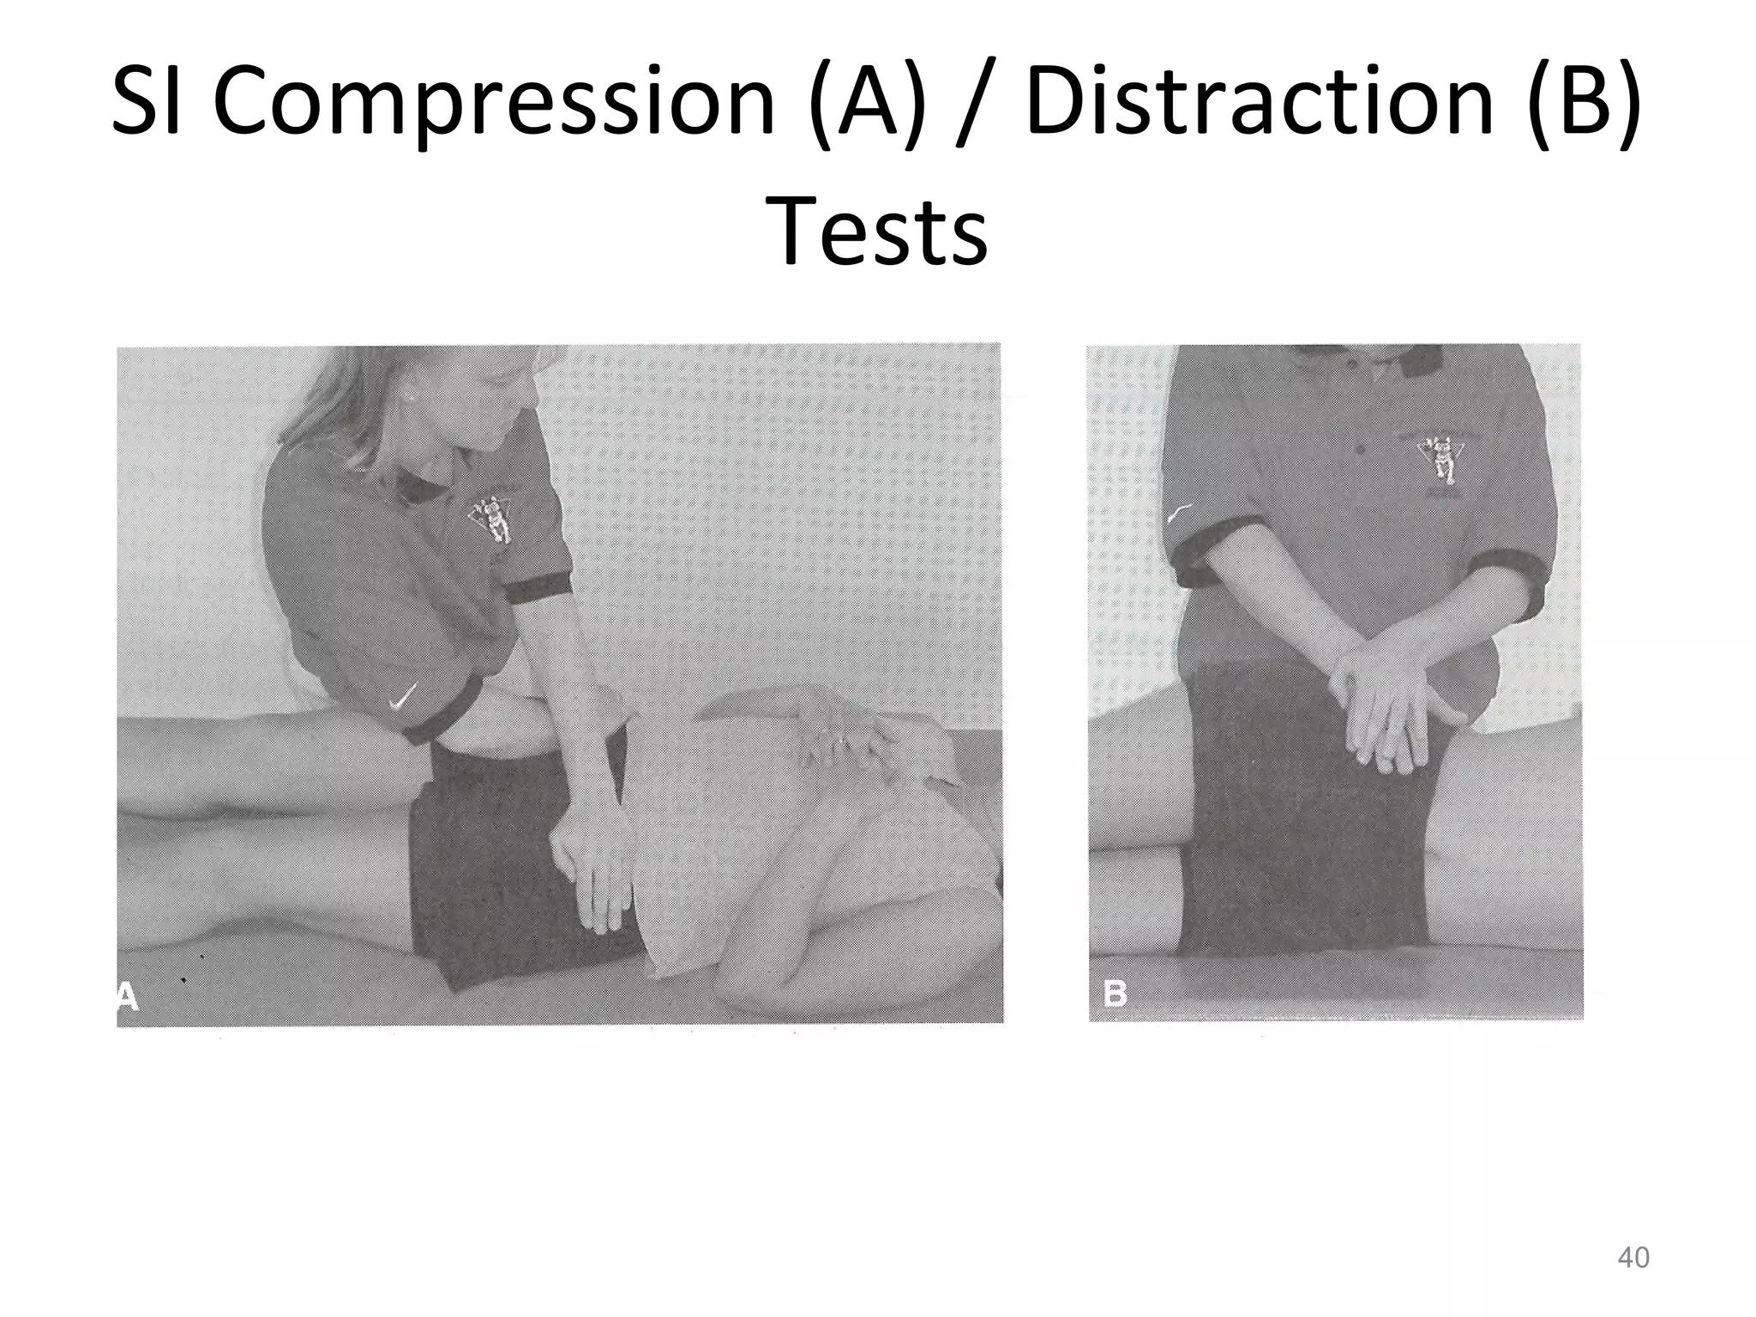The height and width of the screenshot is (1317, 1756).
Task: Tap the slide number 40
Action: click(x=1633, y=1258)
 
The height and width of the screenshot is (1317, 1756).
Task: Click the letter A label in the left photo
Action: click(x=127, y=996)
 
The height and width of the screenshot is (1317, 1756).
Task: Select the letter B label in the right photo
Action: click(x=1114, y=995)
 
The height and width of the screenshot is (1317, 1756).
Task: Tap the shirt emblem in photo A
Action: click(x=491, y=518)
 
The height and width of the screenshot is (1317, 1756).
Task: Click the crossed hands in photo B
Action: click(x=1389, y=703)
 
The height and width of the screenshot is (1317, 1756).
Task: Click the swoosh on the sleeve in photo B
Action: click(x=1180, y=512)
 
